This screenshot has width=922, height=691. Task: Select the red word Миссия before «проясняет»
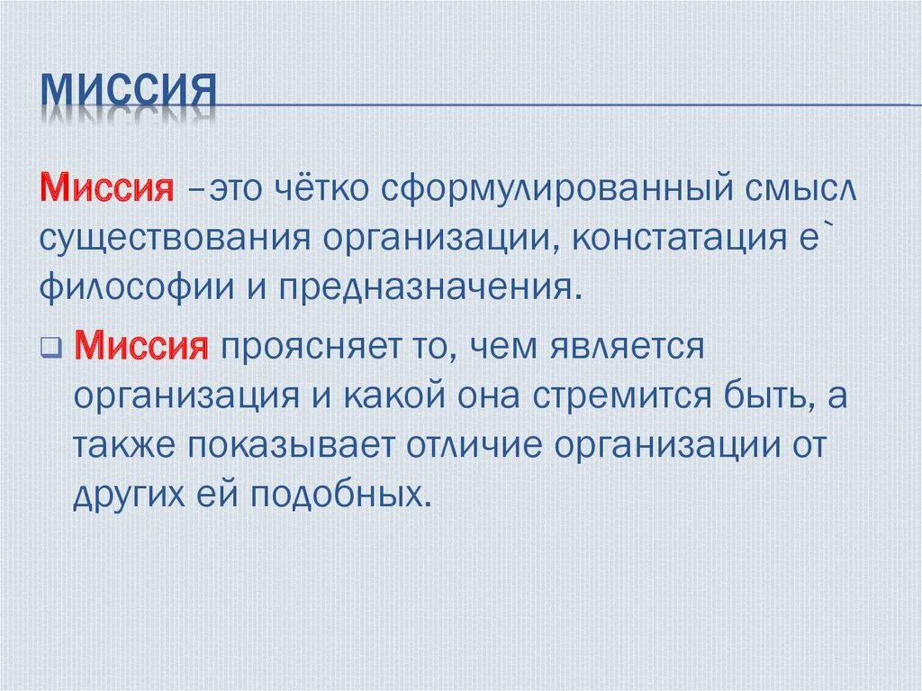141,346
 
